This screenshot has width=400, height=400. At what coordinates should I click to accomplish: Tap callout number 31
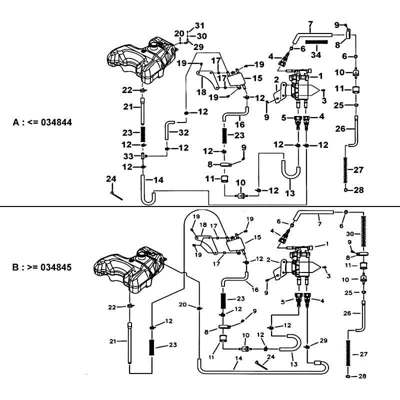[x=200, y=25]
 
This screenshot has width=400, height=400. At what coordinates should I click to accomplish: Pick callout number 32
[x=183, y=132]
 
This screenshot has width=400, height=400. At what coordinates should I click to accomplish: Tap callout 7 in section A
[x=310, y=23]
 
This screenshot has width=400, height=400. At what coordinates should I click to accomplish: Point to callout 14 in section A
[x=158, y=179]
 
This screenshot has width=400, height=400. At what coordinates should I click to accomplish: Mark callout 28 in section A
[x=358, y=190]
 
